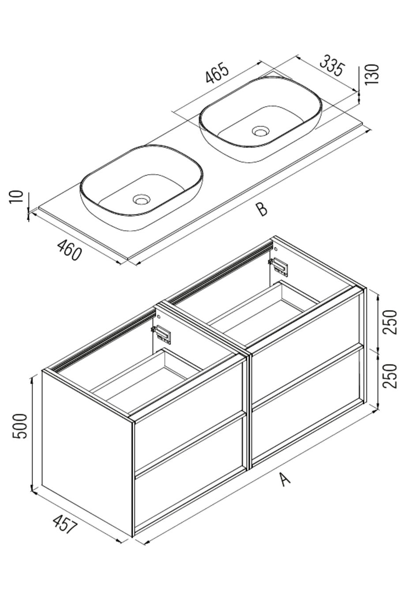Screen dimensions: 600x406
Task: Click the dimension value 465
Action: [218, 74]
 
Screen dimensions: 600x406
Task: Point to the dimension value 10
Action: [16, 197]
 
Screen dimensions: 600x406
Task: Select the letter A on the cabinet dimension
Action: [286, 479]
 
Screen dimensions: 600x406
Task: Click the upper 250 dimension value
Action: [390, 322]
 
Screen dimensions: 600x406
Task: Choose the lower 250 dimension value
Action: [390, 376]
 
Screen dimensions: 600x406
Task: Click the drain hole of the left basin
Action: [141, 200]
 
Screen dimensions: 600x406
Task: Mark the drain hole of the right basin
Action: [260, 131]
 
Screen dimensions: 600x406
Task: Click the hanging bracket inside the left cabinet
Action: [163, 334]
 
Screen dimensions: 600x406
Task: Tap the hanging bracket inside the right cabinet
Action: [280, 266]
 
